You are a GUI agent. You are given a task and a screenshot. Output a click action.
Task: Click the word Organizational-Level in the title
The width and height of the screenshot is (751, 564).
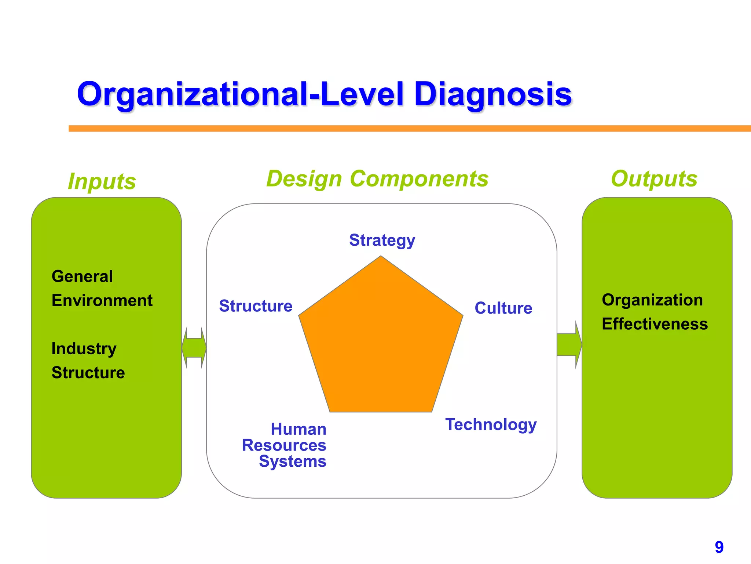(240, 95)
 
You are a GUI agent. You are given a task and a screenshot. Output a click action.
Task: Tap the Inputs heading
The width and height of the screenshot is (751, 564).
(102, 181)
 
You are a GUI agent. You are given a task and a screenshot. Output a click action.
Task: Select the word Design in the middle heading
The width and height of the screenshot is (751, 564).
(304, 179)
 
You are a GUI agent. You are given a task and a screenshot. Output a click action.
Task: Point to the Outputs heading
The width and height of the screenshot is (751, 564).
(654, 179)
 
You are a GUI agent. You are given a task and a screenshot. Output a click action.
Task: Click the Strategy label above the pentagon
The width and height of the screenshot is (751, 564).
(382, 241)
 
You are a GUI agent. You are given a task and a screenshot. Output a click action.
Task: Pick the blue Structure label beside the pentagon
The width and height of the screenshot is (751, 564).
(256, 306)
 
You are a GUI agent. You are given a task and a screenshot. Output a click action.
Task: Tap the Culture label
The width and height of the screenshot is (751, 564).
(503, 308)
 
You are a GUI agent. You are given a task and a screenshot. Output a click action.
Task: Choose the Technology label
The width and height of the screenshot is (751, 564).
(491, 424)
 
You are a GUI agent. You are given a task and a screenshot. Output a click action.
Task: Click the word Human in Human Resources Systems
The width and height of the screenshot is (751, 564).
(298, 429)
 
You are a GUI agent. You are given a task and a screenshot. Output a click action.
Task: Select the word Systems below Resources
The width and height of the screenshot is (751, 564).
(292, 461)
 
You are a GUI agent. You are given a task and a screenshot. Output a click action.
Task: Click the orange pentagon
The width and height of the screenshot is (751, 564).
(381, 345)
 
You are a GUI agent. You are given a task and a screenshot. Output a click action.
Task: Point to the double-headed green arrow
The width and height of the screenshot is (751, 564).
(194, 347)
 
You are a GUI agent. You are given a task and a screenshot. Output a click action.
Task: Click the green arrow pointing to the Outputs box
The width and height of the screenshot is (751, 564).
(569, 344)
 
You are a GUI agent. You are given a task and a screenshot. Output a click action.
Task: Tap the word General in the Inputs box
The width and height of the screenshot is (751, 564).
(82, 276)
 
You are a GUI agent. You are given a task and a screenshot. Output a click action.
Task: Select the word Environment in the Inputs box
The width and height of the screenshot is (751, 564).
(102, 300)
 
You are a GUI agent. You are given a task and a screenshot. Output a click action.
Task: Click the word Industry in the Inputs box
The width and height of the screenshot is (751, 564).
(84, 348)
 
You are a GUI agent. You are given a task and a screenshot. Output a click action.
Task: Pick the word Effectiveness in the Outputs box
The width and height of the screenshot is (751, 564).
(655, 324)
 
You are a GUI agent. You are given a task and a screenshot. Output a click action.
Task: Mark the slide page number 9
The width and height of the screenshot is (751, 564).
(719, 547)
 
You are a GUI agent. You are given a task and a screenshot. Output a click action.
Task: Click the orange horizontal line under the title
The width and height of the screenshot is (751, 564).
(403, 129)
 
